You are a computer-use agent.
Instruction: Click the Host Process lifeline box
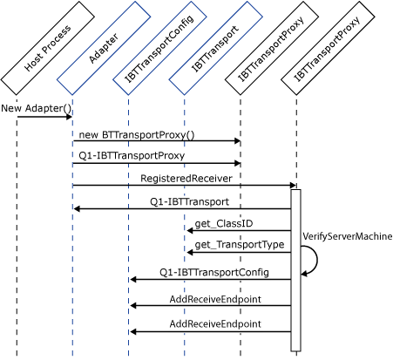tap(48, 48)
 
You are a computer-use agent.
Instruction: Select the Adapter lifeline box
tap(104, 48)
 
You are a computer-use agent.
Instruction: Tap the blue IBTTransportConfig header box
tap(159, 48)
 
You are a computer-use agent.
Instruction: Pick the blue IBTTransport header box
tap(215, 48)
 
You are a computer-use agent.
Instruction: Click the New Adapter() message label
tap(36, 108)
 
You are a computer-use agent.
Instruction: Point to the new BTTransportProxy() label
tap(137, 134)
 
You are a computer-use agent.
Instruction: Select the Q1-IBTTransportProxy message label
tap(132, 157)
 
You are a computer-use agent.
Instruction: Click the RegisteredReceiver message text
tap(186, 178)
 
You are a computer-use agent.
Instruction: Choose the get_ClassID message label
tap(224, 224)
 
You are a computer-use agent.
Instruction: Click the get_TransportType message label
tap(240, 245)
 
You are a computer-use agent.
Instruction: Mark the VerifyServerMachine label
tap(348, 235)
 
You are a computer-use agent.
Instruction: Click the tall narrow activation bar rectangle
tap(295, 270)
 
